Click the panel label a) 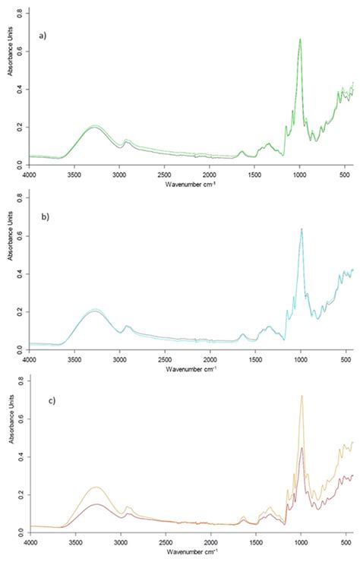pos(47,36)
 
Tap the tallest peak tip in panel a pos(300,39)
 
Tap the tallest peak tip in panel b pos(302,229)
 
